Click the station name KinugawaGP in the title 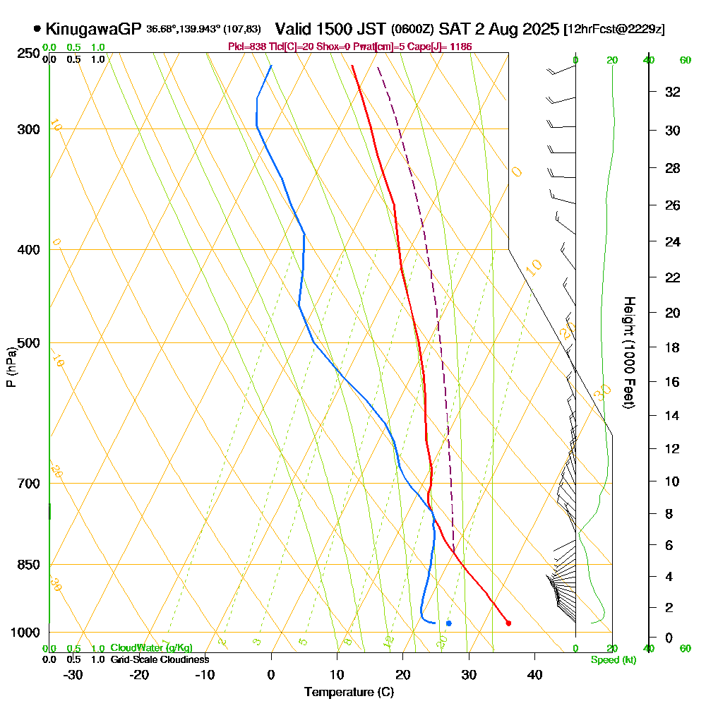[94, 29]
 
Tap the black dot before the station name [37, 29]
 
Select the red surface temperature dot [508, 623]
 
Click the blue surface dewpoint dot [448, 623]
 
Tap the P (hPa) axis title [11, 367]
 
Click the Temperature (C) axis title [349, 692]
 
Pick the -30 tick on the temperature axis [73, 674]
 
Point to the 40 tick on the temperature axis [534, 674]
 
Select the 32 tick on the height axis [672, 92]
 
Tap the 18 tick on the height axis [672, 347]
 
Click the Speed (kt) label [614, 659]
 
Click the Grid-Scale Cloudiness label [160, 659]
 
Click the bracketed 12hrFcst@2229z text [614, 30]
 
